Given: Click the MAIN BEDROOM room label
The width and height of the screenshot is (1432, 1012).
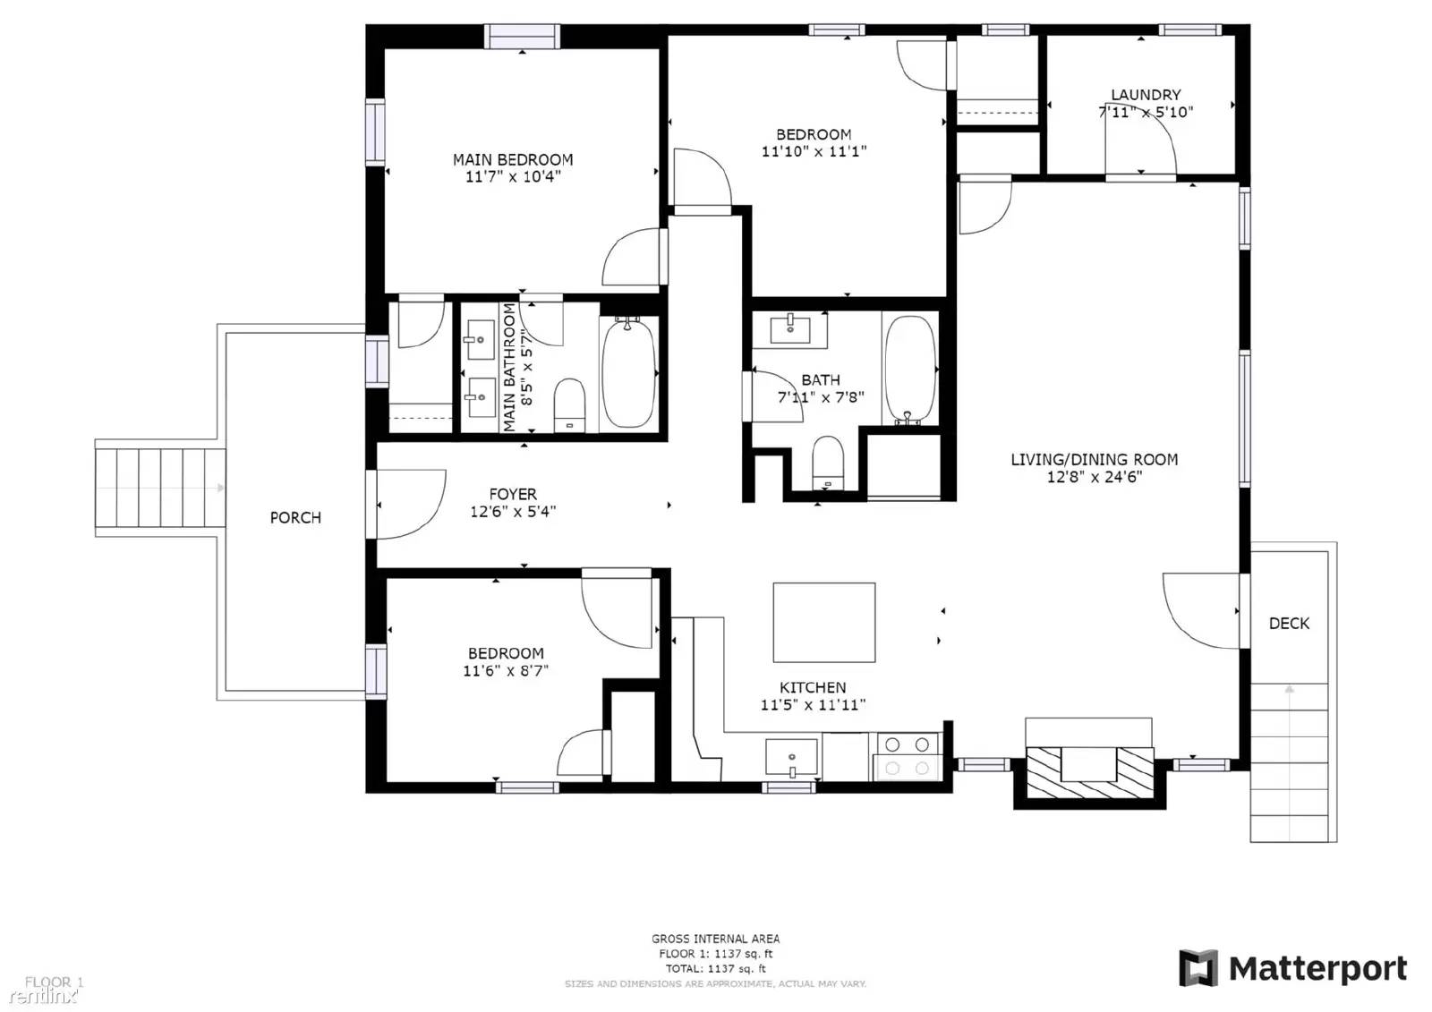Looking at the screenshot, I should pyautogui.click(x=512, y=159).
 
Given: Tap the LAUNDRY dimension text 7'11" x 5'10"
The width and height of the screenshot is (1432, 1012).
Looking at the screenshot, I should pyautogui.click(x=1145, y=112).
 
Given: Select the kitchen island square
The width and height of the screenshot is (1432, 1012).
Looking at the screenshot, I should pyautogui.click(x=823, y=622).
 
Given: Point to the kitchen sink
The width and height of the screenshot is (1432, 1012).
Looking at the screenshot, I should pyautogui.click(x=791, y=757).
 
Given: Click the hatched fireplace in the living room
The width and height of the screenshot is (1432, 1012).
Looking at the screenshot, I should pyautogui.click(x=1088, y=773).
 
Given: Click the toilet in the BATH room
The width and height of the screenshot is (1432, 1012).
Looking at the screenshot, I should pyautogui.click(x=827, y=462).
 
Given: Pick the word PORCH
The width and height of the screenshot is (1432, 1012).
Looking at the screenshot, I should pyautogui.click(x=295, y=517).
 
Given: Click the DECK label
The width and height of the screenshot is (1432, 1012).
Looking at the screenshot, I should pyautogui.click(x=1289, y=623).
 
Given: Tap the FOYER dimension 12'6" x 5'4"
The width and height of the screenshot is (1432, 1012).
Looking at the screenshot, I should pyautogui.click(x=513, y=512).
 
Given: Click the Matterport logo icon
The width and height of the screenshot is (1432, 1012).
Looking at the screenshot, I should pyautogui.click(x=1198, y=968).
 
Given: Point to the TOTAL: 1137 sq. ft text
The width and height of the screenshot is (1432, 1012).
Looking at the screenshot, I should pyautogui.click(x=715, y=968).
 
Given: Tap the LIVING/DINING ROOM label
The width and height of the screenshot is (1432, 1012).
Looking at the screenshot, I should pyautogui.click(x=1094, y=459).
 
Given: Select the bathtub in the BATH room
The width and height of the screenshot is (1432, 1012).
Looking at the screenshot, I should pyautogui.click(x=909, y=369).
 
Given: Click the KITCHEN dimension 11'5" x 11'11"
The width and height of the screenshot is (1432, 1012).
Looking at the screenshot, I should pyautogui.click(x=813, y=705).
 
